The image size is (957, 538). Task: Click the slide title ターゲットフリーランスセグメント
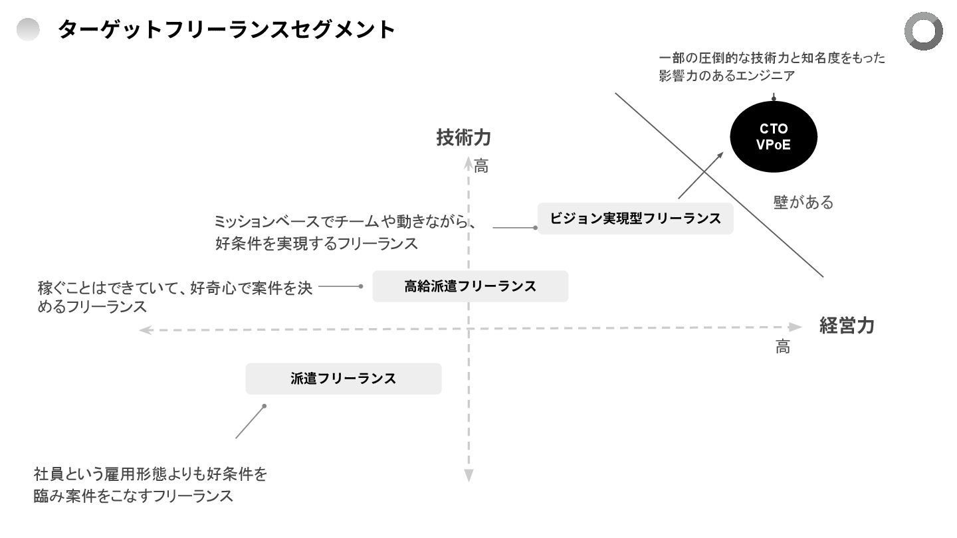[227, 30]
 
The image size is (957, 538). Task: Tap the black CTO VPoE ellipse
[774, 137]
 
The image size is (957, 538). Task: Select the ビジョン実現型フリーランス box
[635, 219]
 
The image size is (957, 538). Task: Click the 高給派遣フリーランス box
[470, 286]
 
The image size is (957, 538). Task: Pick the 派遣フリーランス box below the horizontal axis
[344, 379]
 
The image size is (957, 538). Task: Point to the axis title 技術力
[463, 137]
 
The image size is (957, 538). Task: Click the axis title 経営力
[847, 325]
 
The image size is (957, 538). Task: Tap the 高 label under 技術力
[481, 167]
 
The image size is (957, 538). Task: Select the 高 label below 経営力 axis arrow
[783, 347]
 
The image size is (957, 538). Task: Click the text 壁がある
[803, 202]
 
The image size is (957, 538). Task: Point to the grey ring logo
[923, 31]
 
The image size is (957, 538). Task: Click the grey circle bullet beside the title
[28, 29]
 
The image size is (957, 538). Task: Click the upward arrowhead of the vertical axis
[469, 162]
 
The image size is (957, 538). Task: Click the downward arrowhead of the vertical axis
[469, 475]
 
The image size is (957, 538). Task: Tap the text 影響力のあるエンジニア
[727, 76]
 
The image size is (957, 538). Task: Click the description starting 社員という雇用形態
[150, 485]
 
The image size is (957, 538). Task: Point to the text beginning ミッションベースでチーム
[345, 232]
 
